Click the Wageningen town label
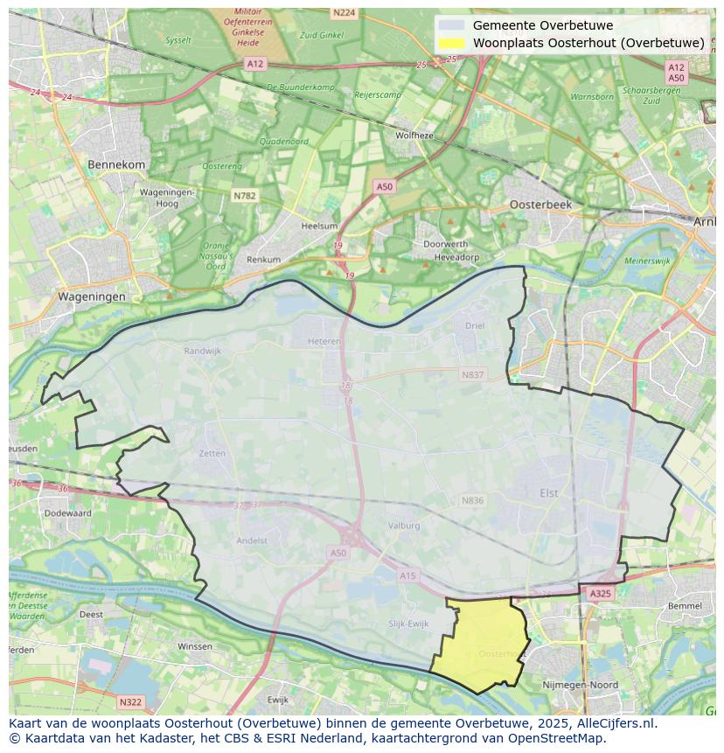(x=91, y=296)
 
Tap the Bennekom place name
(x=116, y=164)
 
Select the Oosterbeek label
(x=540, y=204)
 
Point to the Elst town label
(x=548, y=493)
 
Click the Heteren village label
(x=324, y=342)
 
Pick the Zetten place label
(x=212, y=454)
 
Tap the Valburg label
(x=404, y=526)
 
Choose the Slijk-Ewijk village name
(x=408, y=624)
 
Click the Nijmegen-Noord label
(x=580, y=685)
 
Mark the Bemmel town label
(x=684, y=605)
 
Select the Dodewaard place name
(x=67, y=513)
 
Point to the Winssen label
(x=194, y=646)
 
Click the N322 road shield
(x=129, y=701)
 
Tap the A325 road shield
(x=600, y=594)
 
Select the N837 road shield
(x=472, y=374)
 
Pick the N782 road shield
(x=245, y=196)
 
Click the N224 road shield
(x=344, y=12)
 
